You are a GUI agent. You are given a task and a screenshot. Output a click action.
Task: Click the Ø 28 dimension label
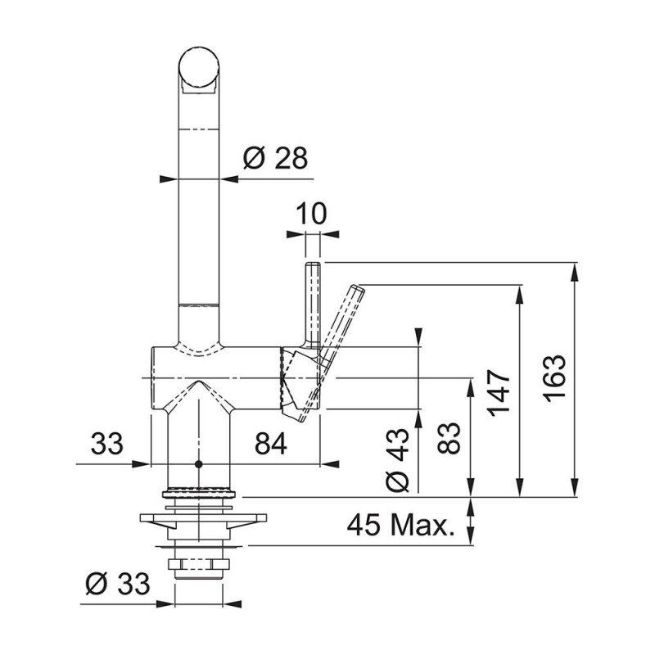(x=275, y=158)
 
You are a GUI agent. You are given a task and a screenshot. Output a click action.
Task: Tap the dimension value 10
(x=311, y=214)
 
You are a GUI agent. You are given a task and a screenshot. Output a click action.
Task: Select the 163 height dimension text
(x=556, y=378)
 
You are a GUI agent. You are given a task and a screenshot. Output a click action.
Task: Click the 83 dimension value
(x=449, y=438)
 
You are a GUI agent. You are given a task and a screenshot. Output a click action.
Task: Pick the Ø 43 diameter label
(x=397, y=459)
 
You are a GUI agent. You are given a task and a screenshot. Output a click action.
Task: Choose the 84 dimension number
(x=271, y=444)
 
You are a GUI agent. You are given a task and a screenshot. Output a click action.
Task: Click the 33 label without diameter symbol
(x=107, y=444)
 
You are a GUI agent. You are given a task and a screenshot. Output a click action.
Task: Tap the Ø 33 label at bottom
(x=117, y=584)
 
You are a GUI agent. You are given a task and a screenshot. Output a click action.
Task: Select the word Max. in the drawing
(x=422, y=525)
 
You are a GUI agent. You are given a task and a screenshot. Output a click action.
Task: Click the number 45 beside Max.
(x=364, y=525)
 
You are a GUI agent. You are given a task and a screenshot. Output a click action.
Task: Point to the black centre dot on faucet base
(x=198, y=464)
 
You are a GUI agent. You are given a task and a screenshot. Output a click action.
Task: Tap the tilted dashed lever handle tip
(x=359, y=289)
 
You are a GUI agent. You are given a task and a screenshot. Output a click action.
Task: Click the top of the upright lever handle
(x=313, y=264)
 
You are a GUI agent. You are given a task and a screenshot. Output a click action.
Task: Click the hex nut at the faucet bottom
(x=199, y=564)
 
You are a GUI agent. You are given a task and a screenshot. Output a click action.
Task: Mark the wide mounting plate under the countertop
(x=203, y=518)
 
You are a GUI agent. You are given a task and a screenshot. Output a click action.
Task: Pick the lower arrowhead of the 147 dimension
(x=520, y=487)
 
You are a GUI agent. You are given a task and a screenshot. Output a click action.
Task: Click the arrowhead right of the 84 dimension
(x=330, y=464)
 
